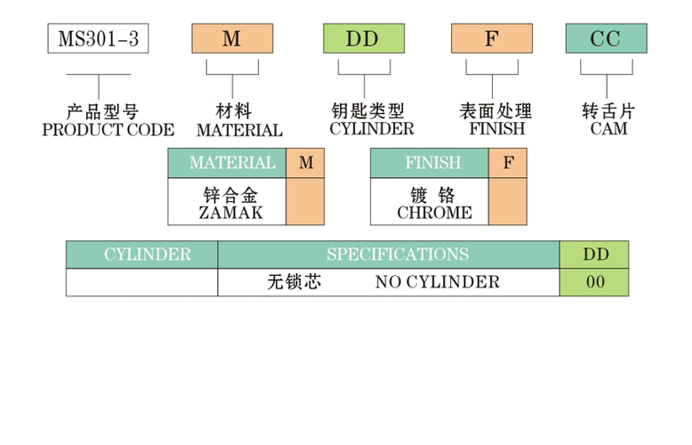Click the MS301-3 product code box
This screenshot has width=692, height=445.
coord(98,39)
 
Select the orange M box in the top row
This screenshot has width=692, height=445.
coord(232,39)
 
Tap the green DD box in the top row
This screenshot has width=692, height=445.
coord(363,39)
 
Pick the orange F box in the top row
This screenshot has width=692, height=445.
coord(492,39)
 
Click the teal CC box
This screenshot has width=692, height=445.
coord(606,39)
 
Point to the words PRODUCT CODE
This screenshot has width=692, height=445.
coord(109,130)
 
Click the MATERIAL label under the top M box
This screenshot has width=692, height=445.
coord(239,130)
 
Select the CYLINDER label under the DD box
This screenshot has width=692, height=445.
coord(371,129)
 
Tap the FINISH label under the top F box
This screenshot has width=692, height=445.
coord(496,129)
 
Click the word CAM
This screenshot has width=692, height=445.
coord(608,129)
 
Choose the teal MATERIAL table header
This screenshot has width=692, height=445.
coord(228,164)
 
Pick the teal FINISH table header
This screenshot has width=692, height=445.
coord(430,164)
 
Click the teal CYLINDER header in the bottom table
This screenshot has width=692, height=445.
coord(142,255)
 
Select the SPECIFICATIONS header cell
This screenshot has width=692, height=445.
coord(389,255)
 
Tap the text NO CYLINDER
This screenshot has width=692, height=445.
coord(438,283)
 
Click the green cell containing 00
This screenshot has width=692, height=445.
coord(594,283)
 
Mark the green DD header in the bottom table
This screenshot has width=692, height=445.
coord(594,255)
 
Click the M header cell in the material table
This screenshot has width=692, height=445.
coord(306,164)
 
